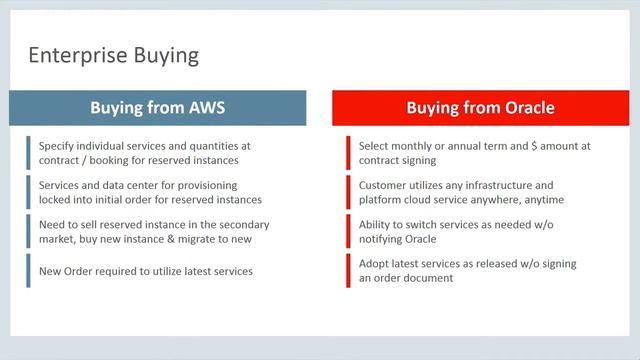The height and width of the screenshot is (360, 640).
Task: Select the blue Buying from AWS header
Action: tap(164, 107)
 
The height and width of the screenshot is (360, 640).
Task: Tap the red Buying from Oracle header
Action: tap(480, 107)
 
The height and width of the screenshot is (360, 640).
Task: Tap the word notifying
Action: tap(385, 239)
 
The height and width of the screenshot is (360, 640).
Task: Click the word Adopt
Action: tap(377, 264)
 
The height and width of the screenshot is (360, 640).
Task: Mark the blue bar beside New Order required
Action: tap(29, 271)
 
